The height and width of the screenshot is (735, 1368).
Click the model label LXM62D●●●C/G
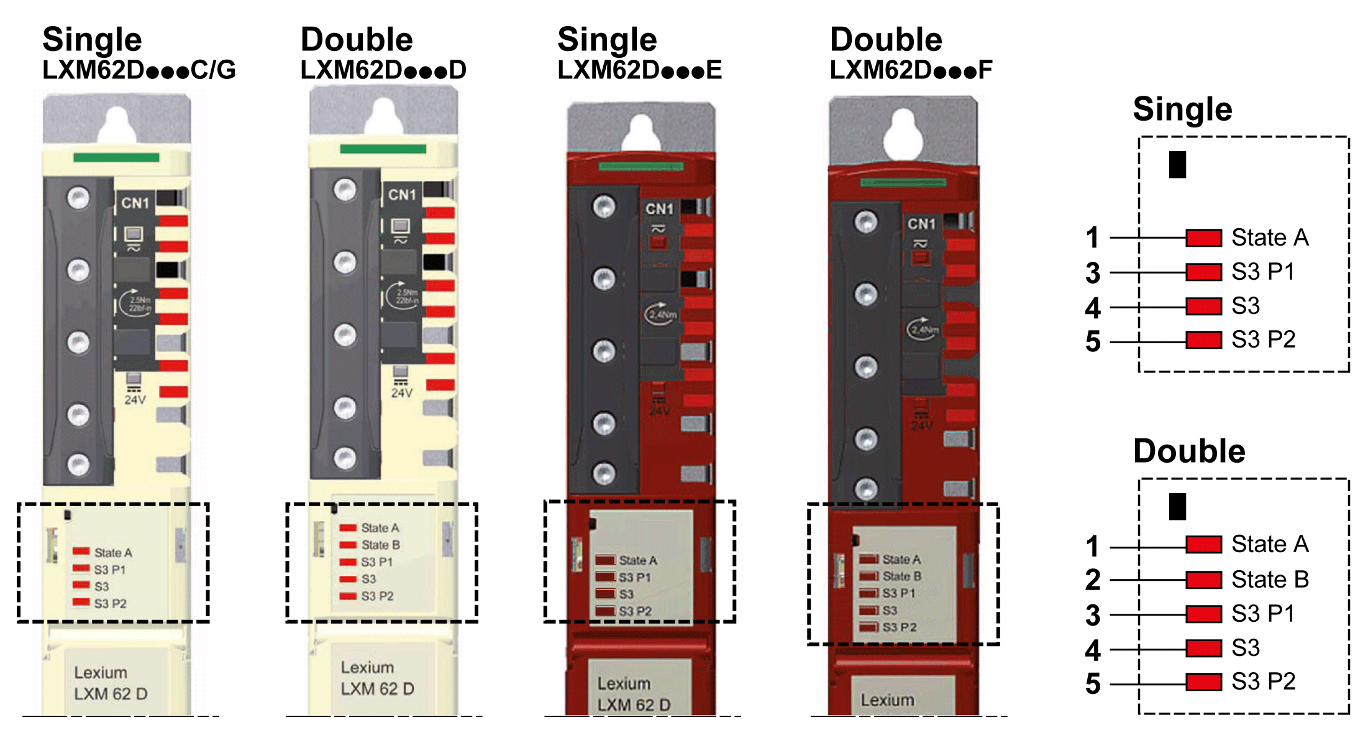(139, 70)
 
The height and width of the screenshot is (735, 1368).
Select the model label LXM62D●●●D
(383, 70)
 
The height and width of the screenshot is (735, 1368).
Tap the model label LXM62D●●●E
(639, 70)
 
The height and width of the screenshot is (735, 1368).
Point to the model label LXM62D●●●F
(911, 70)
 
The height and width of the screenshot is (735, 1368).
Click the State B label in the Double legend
(1270, 580)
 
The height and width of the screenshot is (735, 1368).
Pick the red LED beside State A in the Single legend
(1203, 238)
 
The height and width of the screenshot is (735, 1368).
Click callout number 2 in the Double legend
(1093, 580)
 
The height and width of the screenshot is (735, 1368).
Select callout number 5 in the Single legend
(1093, 341)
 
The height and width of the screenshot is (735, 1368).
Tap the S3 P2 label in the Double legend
(1263, 682)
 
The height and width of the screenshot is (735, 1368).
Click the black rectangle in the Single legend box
(1177, 165)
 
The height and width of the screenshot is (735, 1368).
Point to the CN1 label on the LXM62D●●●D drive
(402, 195)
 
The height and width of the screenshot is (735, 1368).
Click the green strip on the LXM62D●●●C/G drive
(116, 157)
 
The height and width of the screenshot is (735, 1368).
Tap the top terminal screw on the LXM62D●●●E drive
(604, 206)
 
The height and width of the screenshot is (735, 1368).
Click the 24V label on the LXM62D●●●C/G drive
(135, 400)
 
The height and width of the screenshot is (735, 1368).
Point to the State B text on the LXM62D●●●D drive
(381, 545)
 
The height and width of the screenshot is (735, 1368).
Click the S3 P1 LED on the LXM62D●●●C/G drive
(81, 568)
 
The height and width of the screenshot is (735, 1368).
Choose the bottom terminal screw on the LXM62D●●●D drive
(345, 458)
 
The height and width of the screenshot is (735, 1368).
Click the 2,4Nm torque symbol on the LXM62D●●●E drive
(661, 314)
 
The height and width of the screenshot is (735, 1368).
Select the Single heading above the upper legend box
(1182, 109)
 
